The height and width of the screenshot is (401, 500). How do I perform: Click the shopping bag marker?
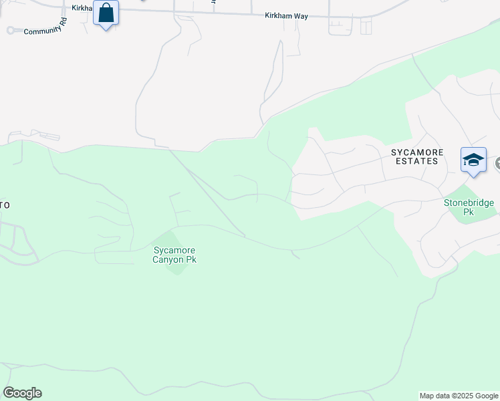click(x=106, y=13)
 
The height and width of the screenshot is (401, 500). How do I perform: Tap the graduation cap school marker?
click(x=473, y=161)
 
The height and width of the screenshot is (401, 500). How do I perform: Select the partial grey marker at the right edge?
click(x=497, y=163)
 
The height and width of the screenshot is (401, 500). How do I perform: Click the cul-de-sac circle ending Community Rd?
click(x=10, y=30)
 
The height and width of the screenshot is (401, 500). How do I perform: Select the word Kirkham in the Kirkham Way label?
click(x=279, y=15)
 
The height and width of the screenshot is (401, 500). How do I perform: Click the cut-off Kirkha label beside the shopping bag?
click(x=82, y=8)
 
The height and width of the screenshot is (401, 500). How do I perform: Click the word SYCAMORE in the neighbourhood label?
click(x=417, y=152)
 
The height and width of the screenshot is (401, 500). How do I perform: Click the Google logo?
click(x=22, y=393)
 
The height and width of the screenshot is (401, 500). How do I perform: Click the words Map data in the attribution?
click(x=436, y=396)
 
